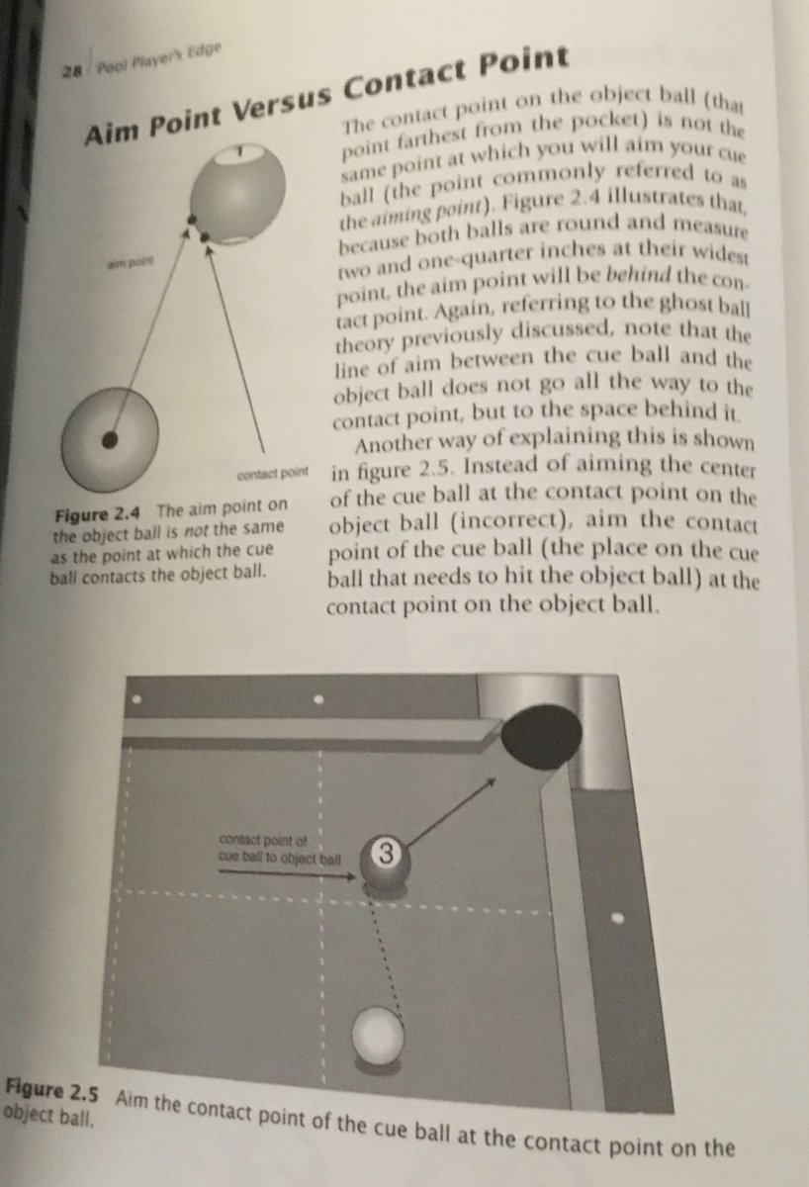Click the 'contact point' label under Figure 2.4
[274, 474]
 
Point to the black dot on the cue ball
[111, 438]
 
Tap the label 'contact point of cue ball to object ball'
[279, 850]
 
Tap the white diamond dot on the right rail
[618, 918]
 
